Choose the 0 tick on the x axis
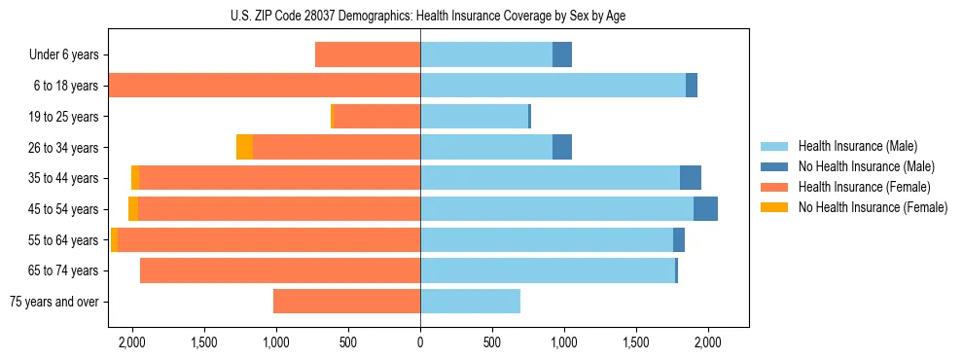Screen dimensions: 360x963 pyautogui.click(x=420, y=342)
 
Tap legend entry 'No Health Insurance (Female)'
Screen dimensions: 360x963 pyautogui.click(x=873, y=207)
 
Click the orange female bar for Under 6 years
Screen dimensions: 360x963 pyautogui.click(x=368, y=55)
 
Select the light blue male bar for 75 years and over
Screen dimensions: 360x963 pyautogui.click(x=470, y=302)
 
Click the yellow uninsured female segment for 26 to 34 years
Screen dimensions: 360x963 pyautogui.click(x=244, y=148)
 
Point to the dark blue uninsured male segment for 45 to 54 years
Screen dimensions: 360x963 pyautogui.click(x=705, y=209)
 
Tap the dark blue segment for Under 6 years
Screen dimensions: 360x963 pyautogui.click(x=562, y=55)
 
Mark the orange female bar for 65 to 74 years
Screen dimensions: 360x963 pyautogui.click(x=280, y=270)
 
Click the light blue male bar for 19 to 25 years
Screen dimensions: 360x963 pyautogui.click(x=474, y=117)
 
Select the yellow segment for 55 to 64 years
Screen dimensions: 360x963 pyautogui.click(x=114, y=240)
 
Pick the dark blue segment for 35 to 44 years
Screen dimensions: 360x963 pyautogui.click(x=691, y=178)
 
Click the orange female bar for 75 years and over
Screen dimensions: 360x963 pyautogui.click(x=346, y=302)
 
